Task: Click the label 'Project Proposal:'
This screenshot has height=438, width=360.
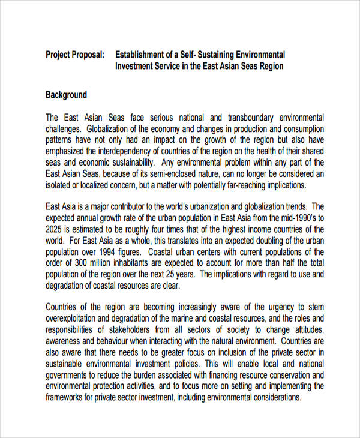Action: [75, 55]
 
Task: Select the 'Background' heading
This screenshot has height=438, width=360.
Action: [66, 95]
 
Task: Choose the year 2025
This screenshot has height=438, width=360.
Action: [55, 230]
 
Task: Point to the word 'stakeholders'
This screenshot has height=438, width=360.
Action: [130, 330]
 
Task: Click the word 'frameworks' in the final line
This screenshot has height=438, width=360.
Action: [66, 397]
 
